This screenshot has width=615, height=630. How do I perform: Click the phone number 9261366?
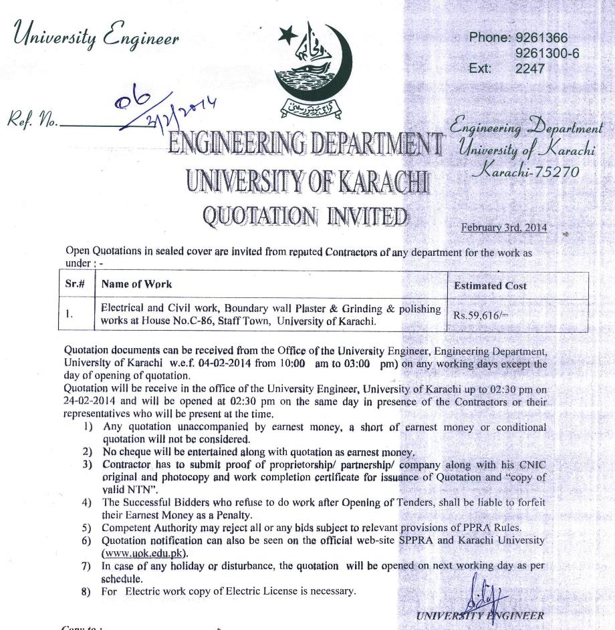[541, 38]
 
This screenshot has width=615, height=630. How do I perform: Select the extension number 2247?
[530, 68]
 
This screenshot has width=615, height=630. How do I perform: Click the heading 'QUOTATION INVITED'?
[305, 216]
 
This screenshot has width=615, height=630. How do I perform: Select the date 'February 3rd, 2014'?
[504, 227]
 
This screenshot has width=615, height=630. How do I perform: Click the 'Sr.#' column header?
[75, 284]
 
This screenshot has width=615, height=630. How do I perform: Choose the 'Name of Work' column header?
[136, 284]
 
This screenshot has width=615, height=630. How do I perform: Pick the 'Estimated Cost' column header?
[490, 285]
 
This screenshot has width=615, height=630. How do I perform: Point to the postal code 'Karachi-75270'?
[525, 172]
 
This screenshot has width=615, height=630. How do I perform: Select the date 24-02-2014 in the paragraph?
[91, 402]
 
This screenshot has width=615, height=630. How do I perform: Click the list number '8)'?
[86, 591]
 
